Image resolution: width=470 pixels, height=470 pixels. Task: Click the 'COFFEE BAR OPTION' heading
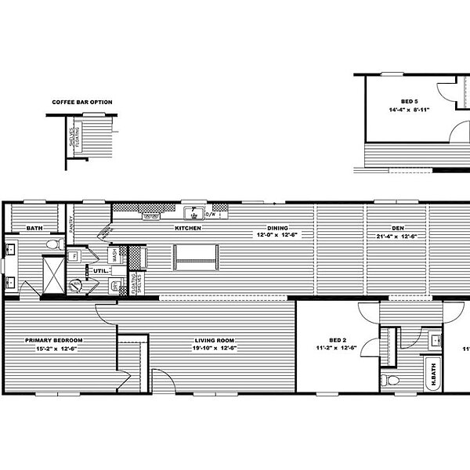[82, 102]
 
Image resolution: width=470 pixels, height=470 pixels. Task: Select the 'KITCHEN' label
[188, 228]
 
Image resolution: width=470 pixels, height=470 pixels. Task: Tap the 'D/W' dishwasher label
[210, 212]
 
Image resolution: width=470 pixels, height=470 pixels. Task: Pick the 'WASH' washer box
[114, 255]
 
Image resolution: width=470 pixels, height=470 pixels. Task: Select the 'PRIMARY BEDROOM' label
[54, 340]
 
